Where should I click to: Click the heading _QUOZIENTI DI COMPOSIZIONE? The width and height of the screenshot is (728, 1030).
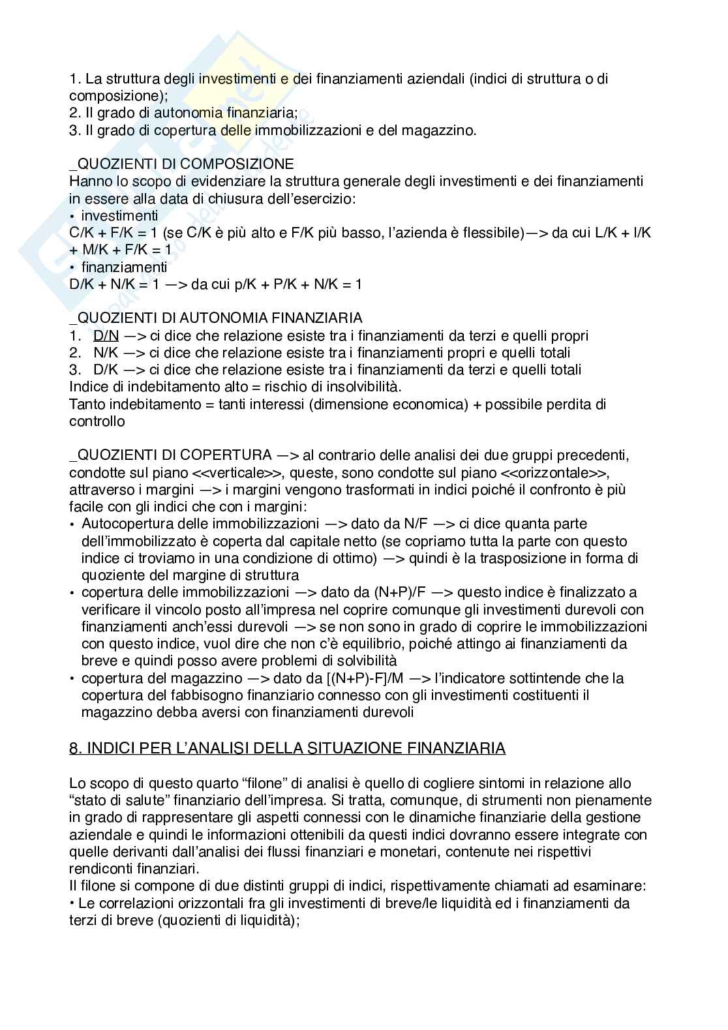tap(181, 164)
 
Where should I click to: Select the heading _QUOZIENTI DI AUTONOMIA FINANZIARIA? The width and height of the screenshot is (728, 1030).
tap(216, 318)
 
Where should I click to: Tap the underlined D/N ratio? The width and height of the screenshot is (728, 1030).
tap(106, 336)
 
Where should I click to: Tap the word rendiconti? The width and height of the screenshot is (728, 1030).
tap(102, 868)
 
